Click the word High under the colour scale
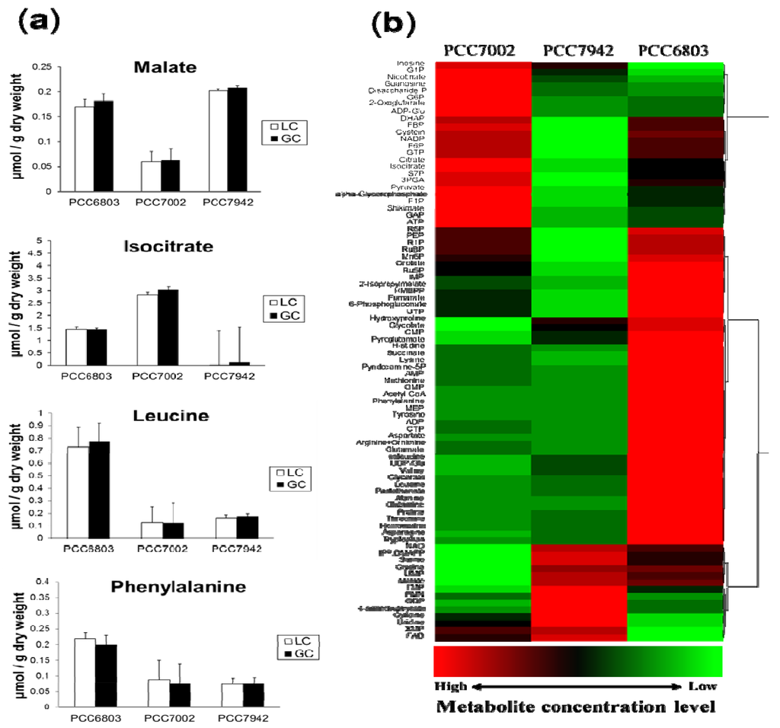pyautogui.click(x=450, y=686)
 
